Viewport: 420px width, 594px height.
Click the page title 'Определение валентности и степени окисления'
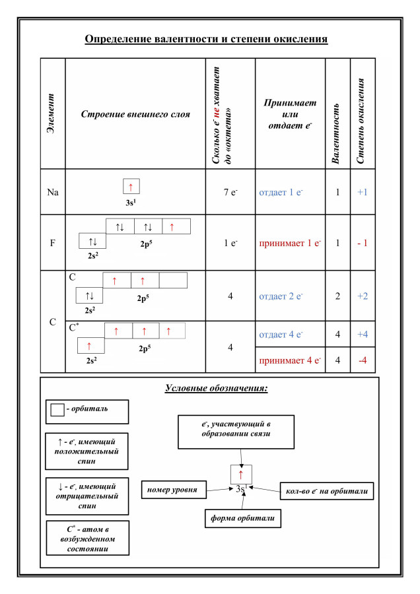[x=207, y=39]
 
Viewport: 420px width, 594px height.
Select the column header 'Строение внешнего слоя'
[x=135, y=114]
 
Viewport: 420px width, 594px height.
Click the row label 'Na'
[x=53, y=193]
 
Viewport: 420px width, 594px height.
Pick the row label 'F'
[x=53, y=242]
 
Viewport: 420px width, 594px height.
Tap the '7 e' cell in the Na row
[x=230, y=193]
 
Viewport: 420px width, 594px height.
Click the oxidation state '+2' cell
[x=363, y=296]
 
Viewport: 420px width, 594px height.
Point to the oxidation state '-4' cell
[x=363, y=360]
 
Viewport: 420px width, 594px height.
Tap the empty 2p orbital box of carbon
[x=173, y=280]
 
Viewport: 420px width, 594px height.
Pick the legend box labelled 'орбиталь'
[x=87, y=410]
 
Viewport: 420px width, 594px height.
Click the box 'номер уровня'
[x=174, y=490]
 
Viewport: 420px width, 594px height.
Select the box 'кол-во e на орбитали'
[x=328, y=490]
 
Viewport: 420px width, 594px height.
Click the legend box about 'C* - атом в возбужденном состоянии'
[x=87, y=538]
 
